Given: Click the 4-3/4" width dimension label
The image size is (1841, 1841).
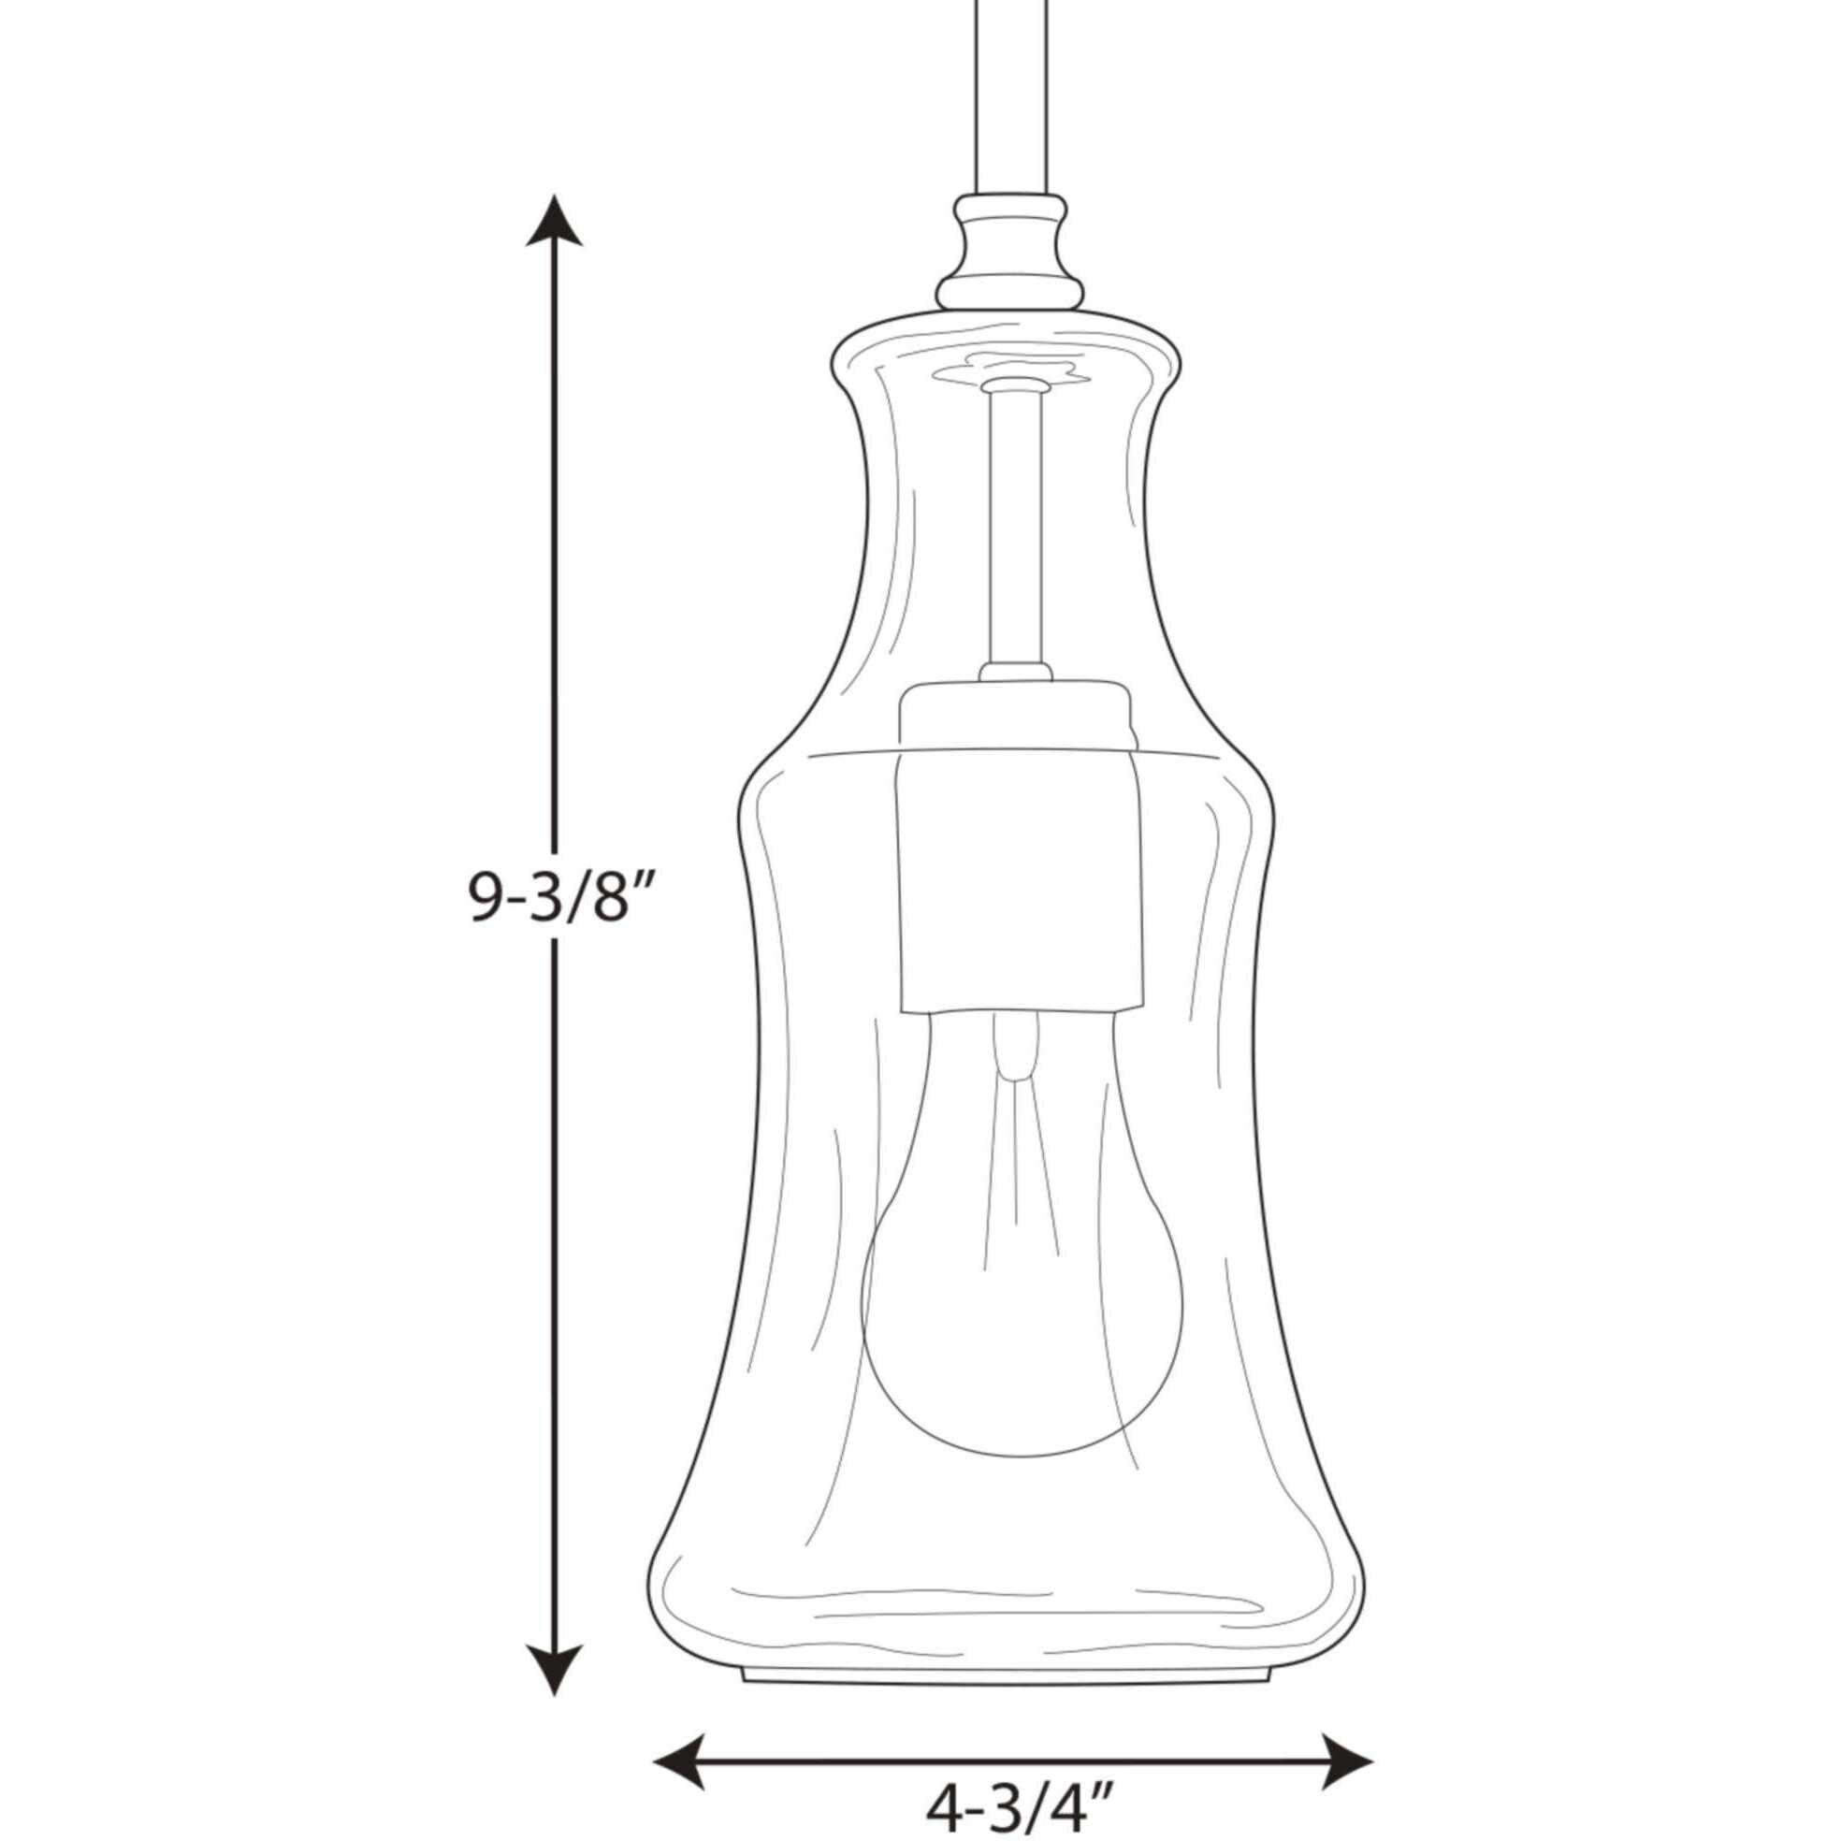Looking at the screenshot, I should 1019,1799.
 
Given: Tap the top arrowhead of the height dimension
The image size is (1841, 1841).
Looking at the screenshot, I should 554,221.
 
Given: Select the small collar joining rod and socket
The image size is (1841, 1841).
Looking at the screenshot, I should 1015,673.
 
